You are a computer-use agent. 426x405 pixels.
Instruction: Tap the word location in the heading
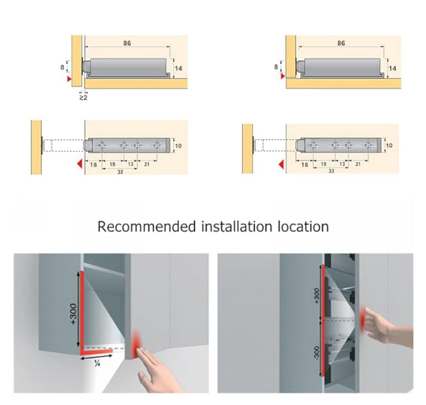[302, 227]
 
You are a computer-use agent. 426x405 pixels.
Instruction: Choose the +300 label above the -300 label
[318, 293]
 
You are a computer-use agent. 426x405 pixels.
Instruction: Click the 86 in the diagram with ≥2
[126, 43]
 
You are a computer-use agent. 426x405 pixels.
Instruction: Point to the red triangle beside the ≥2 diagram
[68, 82]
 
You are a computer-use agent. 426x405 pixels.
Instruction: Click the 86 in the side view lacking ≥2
[341, 43]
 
